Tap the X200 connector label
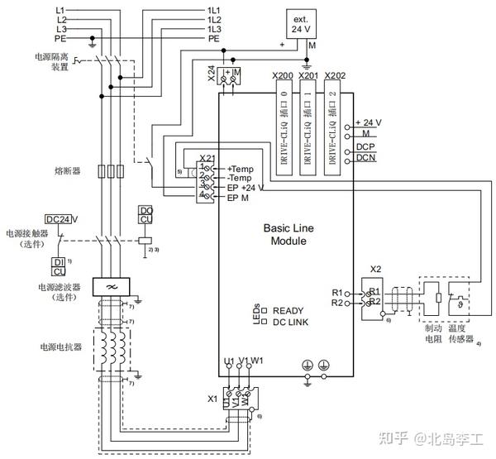click(284, 76)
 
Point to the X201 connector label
click(308, 76)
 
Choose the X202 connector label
click(335, 76)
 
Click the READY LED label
click(289, 311)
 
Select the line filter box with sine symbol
click(107, 286)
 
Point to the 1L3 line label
click(213, 29)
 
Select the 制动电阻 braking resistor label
click(433, 332)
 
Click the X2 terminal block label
click(375, 270)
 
